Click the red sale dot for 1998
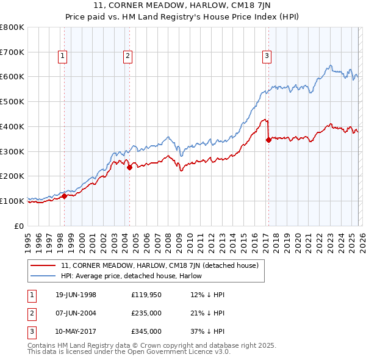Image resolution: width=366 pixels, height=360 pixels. (x=65, y=196)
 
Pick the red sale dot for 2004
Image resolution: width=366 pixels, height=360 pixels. (x=129, y=167)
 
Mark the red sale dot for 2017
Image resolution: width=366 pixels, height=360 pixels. (x=268, y=140)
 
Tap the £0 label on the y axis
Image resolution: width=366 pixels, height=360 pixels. (x=18, y=226)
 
